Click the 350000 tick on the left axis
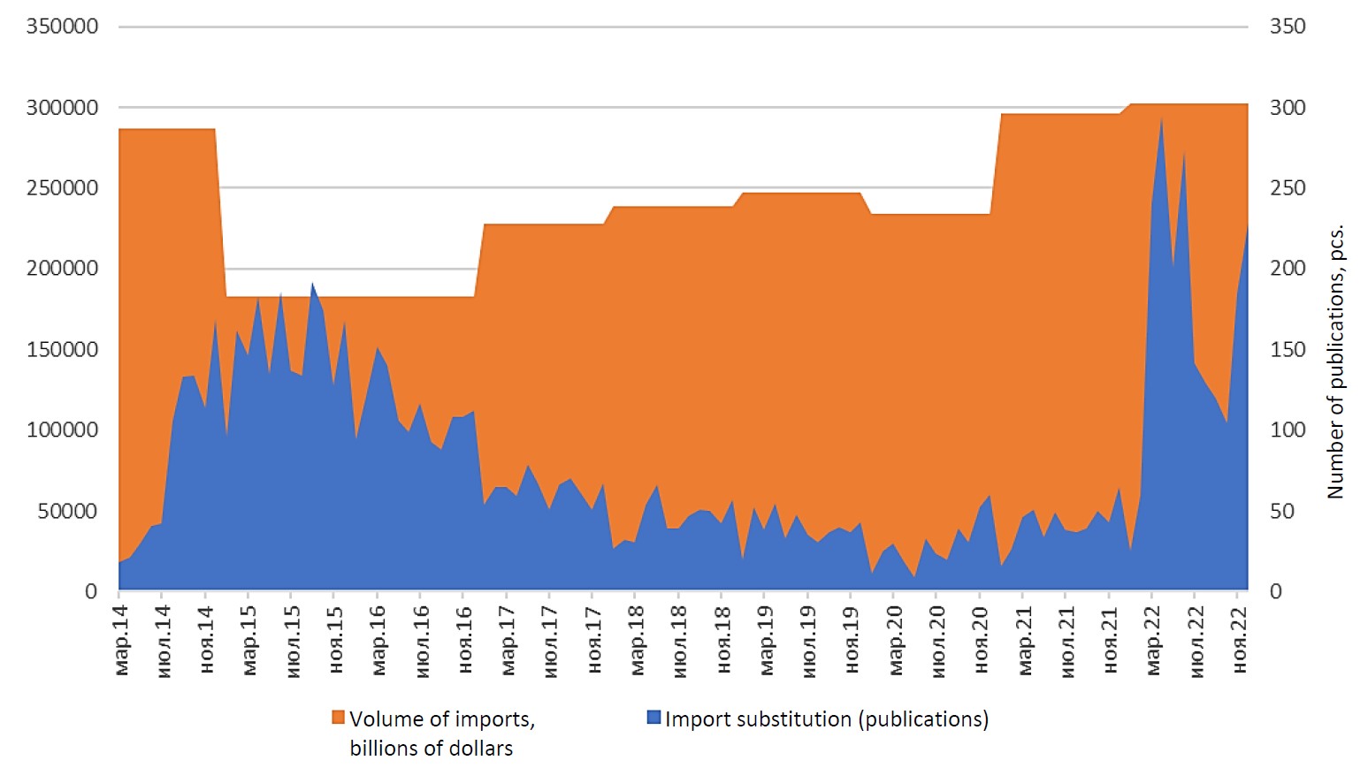(62, 27)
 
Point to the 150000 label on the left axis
(62, 349)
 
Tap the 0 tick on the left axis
(90, 591)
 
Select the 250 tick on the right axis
(1288, 187)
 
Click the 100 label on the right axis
(1288, 430)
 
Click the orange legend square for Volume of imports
(338, 718)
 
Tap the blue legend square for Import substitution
(653, 718)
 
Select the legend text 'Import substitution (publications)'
(826, 719)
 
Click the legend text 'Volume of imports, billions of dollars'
(441, 733)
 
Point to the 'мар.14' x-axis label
(121, 640)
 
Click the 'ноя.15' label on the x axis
(336, 640)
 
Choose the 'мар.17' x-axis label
(508, 640)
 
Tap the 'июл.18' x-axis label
(680, 640)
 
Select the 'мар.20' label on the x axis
(896, 640)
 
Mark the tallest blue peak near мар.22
(1161, 119)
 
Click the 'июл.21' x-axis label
(1068, 640)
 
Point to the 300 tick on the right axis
(1288, 107)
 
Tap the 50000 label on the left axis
(67, 511)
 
